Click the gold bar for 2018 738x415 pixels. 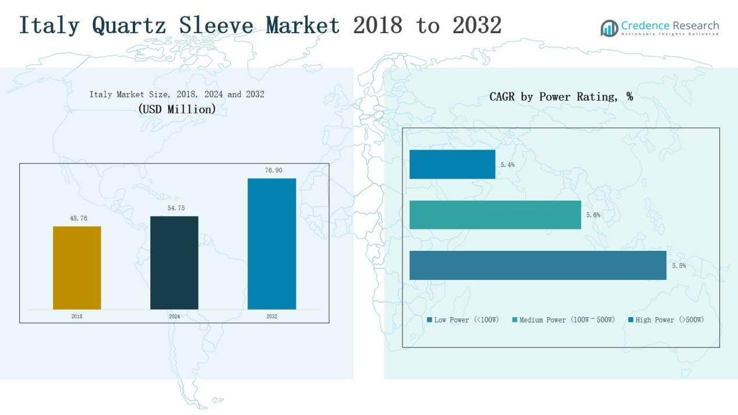click(x=77, y=268)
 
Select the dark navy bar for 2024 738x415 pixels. click(x=174, y=263)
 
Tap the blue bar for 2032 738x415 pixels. click(x=271, y=243)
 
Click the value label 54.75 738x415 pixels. click(x=176, y=208)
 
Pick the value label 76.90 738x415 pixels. click(x=273, y=170)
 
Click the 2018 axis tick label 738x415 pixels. click(x=77, y=317)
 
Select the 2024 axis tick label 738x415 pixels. click(x=174, y=317)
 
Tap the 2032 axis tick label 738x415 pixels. click(x=271, y=317)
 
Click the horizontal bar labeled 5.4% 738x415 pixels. click(x=452, y=164)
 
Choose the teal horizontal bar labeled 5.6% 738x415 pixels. click(x=495, y=215)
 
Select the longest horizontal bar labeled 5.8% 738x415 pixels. click(x=538, y=265)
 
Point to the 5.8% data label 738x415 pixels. click(x=679, y=266)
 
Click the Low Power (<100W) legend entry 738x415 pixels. click(x=463, y=320)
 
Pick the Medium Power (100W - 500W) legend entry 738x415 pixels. click(x=563, y=320)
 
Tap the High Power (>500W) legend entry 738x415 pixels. click(x=666, y=320)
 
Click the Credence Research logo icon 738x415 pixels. click(x=609, y=28)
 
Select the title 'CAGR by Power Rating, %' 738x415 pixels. click(x=561, y=97)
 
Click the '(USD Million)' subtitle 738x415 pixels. click(x=177, y=109)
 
